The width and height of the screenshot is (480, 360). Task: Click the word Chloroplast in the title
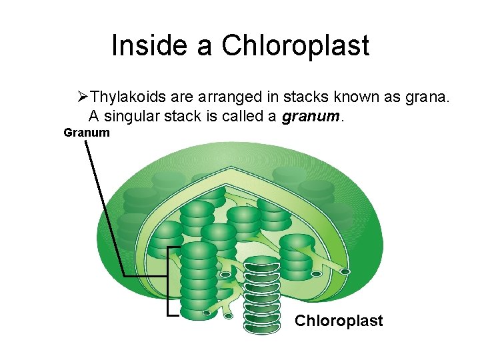pyautogui.click(x=295, y=45)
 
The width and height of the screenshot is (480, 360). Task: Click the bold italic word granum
pyautogui.click(x=311, y=117)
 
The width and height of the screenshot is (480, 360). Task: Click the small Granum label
pyautogui.click(x=87, y=133)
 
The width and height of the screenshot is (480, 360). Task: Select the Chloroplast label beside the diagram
pyautogui.click(x=339, y=321)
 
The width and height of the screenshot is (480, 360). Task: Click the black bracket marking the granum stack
pyautogui.click(x=168, y=280)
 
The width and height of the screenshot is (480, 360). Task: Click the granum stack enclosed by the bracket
pyautogui.click(x=199, y=280)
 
